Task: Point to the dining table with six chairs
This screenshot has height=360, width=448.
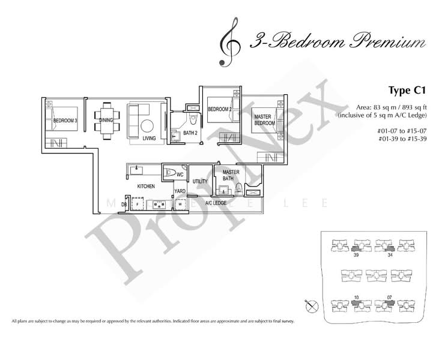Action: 106,122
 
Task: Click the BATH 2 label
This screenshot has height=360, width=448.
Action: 190,133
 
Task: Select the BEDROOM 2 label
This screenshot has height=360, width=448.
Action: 219,109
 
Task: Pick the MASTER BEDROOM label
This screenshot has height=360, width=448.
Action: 264,119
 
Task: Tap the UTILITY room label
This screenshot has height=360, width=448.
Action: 200,181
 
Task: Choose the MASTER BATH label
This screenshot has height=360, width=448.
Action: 231,175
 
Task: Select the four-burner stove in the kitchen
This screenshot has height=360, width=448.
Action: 160,205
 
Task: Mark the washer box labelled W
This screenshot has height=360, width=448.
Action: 180,204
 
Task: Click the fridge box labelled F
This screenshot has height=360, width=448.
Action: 138,205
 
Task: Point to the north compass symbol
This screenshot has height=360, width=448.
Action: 310,307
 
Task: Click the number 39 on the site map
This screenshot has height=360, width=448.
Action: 356,255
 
